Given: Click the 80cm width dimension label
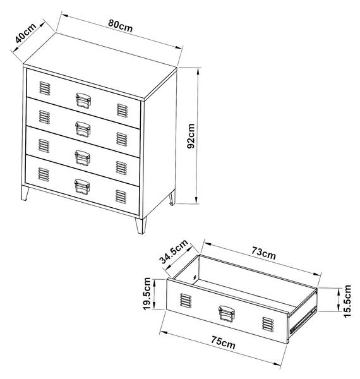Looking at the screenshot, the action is click(x=121, y=26).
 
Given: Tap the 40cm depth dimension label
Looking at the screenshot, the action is click(x=25, y=33).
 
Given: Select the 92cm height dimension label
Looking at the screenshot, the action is click(x=191, y=136).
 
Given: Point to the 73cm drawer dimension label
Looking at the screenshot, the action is click(x=263, y=253).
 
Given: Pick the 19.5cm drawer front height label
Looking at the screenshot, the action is click(x=147, y=294).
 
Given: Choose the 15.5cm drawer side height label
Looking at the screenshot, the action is click(x=347, y=301).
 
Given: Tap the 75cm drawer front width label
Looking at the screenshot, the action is click(x=223, y=342).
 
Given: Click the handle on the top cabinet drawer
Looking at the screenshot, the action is click(x=83, y=100).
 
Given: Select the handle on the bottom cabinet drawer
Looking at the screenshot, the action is click(x=82, y=186).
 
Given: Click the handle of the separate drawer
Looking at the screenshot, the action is click(x=226, y=314).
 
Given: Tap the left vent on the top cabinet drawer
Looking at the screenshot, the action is click(x=45, y=88).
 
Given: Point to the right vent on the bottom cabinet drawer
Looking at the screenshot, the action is click(x=121, y=196).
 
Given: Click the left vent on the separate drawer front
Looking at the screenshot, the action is click(x=186, y=301).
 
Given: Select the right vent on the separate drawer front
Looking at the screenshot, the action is click(x=268, y=324).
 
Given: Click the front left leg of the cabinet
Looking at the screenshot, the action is click(x=25, y=193).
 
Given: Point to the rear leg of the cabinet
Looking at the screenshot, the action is click(x=172, y=198).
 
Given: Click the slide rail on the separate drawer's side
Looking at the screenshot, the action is click(x=303, y=320).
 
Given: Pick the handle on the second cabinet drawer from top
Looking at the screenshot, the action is click(x=83, y=129).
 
